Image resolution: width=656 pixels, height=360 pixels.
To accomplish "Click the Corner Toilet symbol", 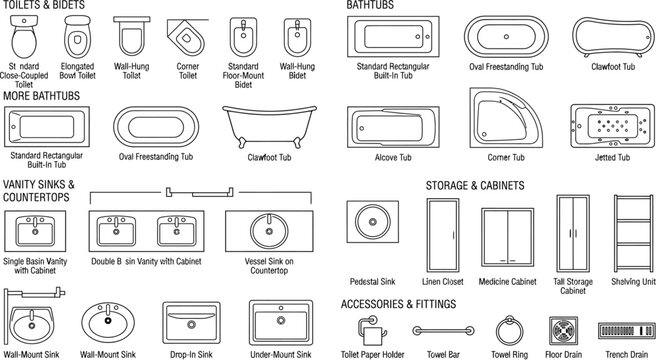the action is pyautogui.click(x=185, y=40).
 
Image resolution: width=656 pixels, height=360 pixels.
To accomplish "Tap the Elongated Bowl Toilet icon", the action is pyautogui.click(x=78, y=41).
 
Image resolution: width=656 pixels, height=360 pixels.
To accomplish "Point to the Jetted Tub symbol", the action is pyautogui.click(x=611, y=125).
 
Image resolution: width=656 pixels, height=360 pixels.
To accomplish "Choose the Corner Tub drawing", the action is pyautogui.click(x=506, y=120).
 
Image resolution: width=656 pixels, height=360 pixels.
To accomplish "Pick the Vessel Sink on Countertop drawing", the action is pyautogui.click(x=267, y=233).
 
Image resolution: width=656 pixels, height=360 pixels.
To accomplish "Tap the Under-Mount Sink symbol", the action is pyautogui.click(x=280, y=322).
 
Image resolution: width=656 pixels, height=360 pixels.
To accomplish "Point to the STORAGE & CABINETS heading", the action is pyautogui.click(x=475, y=185).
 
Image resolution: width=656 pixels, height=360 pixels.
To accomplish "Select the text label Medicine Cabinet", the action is pyautogui.click(x=510, y=282).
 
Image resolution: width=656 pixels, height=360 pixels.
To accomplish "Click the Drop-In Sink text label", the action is pyautogui.click(x=186, y=354).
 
